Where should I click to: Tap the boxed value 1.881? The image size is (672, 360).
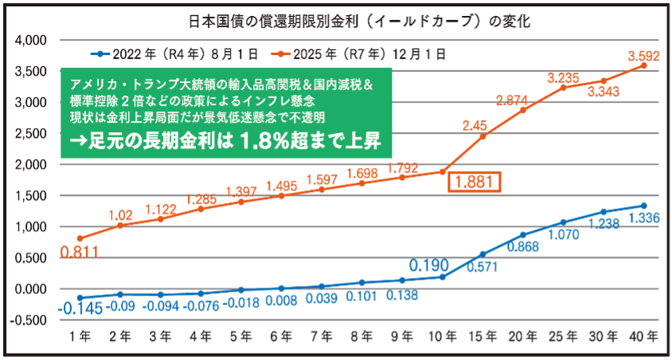(x=475, y=182)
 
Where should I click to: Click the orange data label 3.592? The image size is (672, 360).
(x=643, y=57)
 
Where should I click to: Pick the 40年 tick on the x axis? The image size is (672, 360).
(x=643, y=337)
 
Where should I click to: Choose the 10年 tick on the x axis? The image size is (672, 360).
(x=441, y=337)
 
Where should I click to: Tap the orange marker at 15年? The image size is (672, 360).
(x=482, y=136)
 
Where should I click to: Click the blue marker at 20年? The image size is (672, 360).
(x=522, y=235)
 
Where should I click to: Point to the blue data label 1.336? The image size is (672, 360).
(x=643, y=217)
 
